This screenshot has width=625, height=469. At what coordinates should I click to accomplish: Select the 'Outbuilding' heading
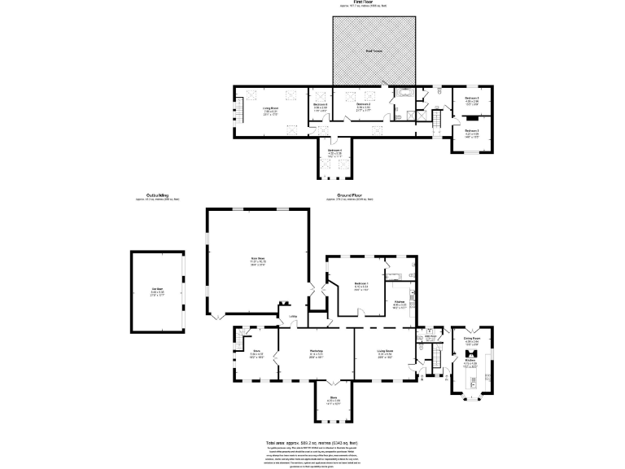pyautogui.click(x=157, y=195)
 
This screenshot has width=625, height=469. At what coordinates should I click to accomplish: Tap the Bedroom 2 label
pyautogui.click(x=364, y=104)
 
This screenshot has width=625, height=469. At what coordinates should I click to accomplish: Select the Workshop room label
pyautogui.click(x=317, y=352)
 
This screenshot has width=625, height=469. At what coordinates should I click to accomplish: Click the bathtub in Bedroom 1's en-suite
pyautogui.click(x=400, y=265)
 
